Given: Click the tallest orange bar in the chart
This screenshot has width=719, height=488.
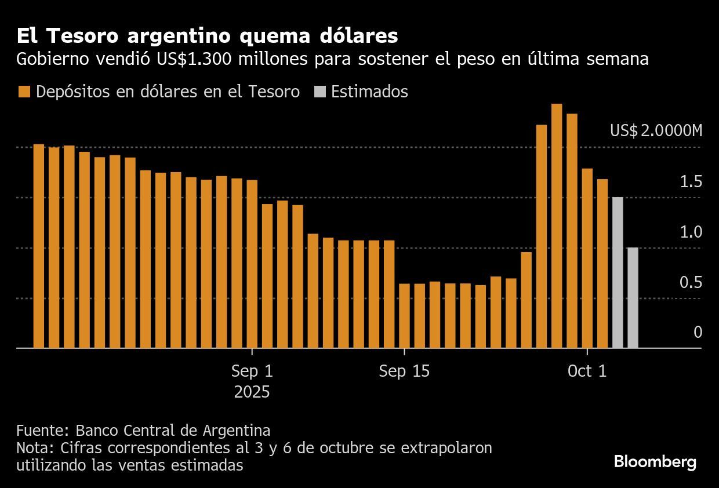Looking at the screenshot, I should pyautogui.click(x=557, y=226).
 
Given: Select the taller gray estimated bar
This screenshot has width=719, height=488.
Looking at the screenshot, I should pyautogui.click(x=618, y=272).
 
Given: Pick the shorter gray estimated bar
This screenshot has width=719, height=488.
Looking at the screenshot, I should pyautogui.click(x=633, y=298).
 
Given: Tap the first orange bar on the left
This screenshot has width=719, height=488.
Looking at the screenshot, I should pyautogui.click(x=39, y=246).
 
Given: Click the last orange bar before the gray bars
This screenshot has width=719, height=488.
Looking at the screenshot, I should pyautogui.click(x=602, y=264).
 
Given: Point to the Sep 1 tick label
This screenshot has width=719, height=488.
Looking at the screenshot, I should pyautogui.click(x=252, y=372).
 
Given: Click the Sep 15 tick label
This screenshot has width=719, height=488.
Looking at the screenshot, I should pyautogui.click(x=404, y=372).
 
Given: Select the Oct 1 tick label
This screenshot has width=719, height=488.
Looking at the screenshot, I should pyautogui.click(x=587, y=372).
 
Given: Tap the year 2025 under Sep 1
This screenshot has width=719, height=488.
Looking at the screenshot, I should pyautogui.click(x=252, y=392).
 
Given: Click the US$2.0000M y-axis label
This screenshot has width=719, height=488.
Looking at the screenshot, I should pyautogui.click(x=655, y=131).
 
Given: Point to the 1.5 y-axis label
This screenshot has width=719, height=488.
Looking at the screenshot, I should pyautogui.click(x=691, y=182).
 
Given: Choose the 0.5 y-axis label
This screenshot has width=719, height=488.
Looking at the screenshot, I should pyautogui.click(x=691, y=282).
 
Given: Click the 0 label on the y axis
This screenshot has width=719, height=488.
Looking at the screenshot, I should pyautogui.click(x=698, y=332).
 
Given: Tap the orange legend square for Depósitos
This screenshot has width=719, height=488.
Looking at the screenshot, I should pyautogui.click(x=24, y=92).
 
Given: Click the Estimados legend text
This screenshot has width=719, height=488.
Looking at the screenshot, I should pyautogui.click(x=369, y=92).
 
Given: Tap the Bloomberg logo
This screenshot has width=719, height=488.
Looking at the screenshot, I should pyautogui.click(x=655, y=462).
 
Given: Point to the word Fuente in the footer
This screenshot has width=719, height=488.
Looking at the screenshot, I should pyautogui.click(x=43, y=431).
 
